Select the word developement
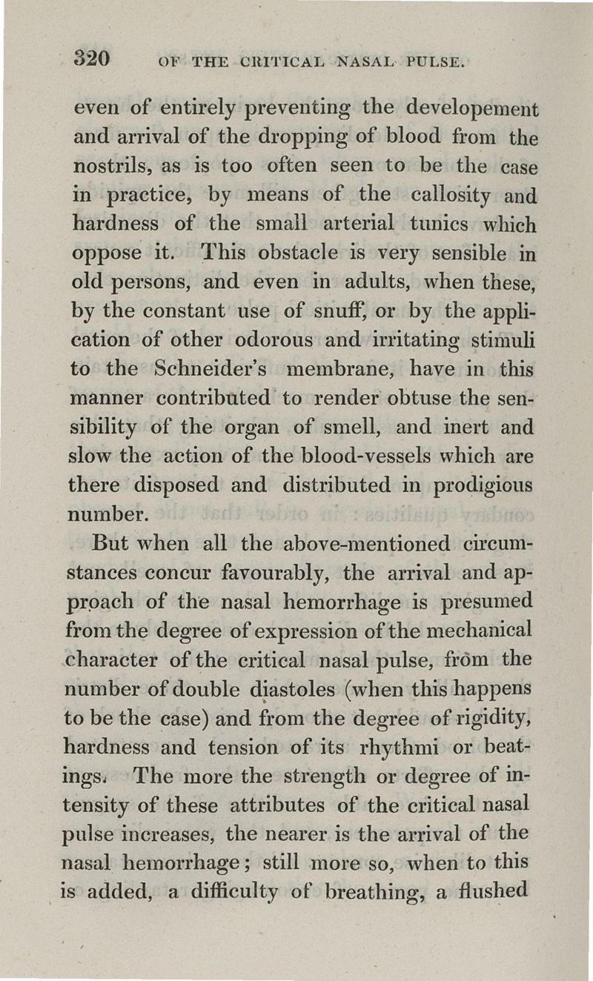pos(472,110)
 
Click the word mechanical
pos(485,630)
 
